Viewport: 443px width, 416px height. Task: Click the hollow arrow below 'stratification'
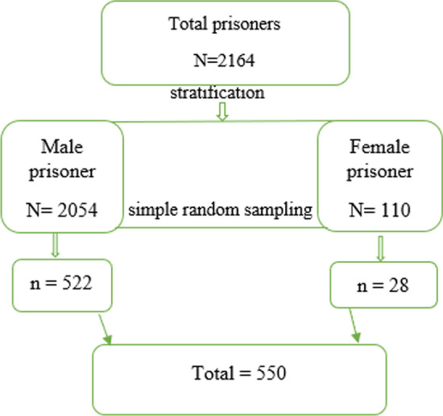point(223,114)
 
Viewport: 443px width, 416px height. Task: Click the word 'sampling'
point(284,212)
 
